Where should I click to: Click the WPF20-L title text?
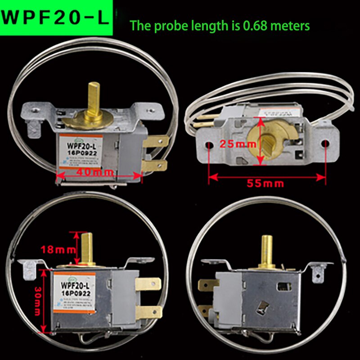coord(56,18)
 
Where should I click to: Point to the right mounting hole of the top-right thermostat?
coord(324,144)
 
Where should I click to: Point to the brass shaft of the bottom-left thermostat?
coord(88,247)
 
